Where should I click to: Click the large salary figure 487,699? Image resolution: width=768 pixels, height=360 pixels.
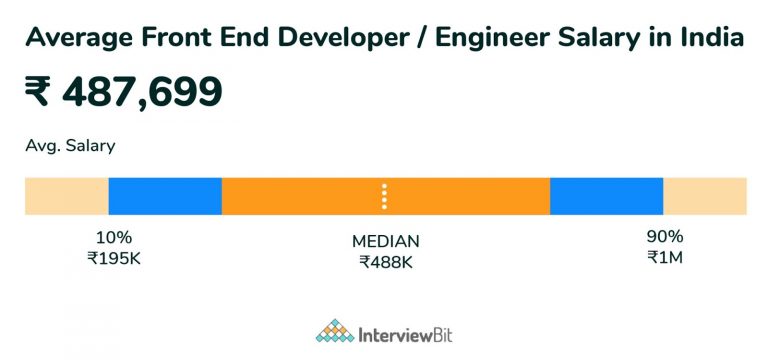pos(142,92)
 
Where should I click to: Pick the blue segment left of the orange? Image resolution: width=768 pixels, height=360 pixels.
pos(165,196)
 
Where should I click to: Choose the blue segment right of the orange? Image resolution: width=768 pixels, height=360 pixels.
pos(606,196)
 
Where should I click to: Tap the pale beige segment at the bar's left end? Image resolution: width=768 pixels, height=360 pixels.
pos(66,196)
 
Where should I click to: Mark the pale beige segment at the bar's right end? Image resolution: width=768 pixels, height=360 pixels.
pos(705,196)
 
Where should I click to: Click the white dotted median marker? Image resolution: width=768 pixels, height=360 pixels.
pos(384,196)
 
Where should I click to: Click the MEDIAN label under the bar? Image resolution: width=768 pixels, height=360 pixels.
pos(386,242)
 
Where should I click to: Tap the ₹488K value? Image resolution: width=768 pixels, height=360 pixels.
pos(386,263)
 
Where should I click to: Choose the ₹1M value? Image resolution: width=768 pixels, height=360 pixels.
pos(664,258)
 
